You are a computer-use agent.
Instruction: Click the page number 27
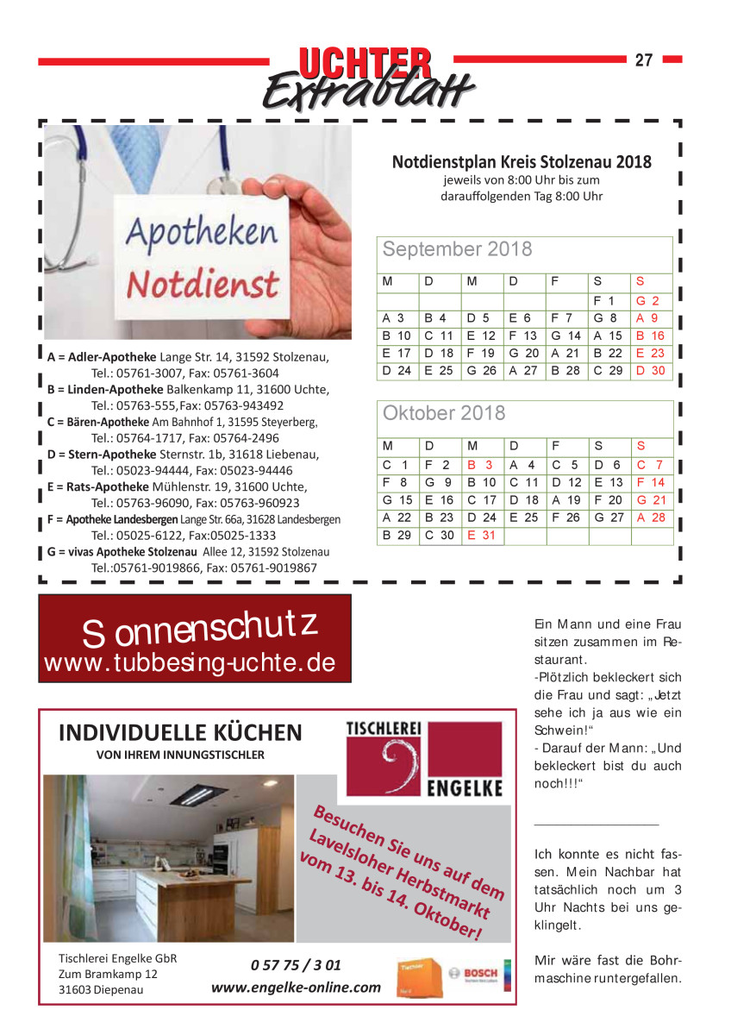tap(644, 60)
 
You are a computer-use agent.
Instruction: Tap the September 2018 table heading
tap(457, 250)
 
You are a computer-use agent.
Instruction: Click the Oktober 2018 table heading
tap(444, 413)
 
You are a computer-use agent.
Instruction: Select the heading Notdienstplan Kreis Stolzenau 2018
tap(522, 162)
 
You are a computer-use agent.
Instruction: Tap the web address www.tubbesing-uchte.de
tap(188, 662)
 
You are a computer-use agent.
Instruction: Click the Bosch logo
tap(479, 973)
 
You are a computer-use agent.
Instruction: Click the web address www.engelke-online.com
tap(296, 987)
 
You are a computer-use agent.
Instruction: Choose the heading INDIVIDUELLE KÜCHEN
tap(180, 733)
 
